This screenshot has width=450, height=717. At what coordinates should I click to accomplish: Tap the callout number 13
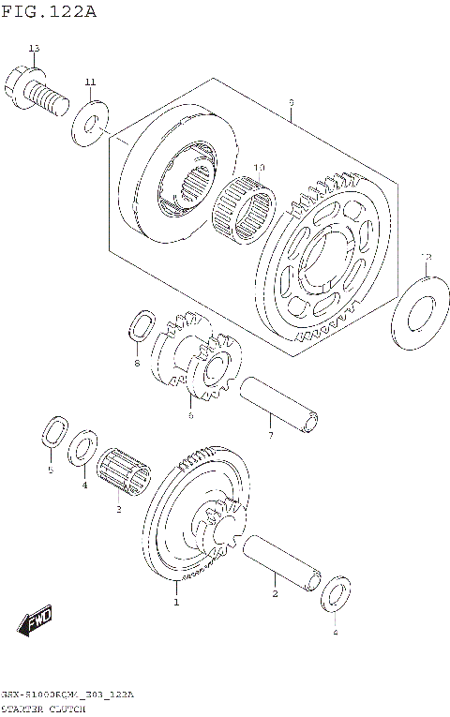click(34, 48)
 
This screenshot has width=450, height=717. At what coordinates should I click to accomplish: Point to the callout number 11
click(90, 83)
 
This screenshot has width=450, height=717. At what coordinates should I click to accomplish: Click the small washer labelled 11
click(91, 124)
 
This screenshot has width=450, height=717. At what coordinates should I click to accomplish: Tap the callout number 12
click(426, 256)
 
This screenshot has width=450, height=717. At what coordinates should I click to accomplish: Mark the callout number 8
click(137, 363)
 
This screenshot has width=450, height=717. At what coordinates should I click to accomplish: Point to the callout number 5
click(51, 470)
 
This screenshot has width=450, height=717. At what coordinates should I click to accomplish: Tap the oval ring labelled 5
click(52, 434)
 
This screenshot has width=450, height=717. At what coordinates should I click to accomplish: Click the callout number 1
click(175, 602)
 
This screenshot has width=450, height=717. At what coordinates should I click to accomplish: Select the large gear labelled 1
click(192, 520)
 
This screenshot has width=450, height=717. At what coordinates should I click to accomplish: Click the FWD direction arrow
click(36, 621)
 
